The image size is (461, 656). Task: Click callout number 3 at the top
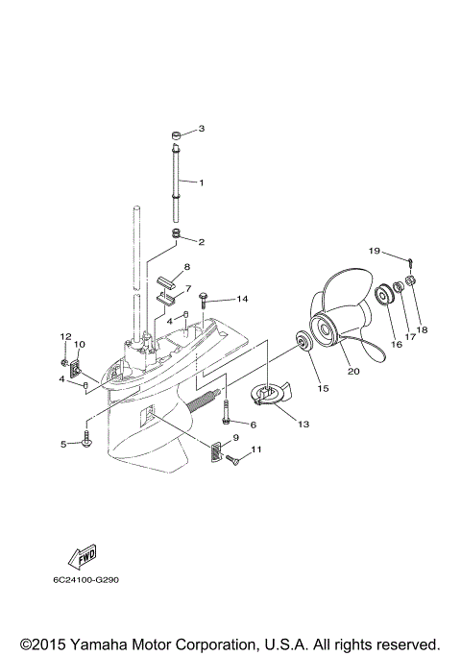pos(202,129)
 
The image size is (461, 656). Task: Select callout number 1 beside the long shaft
pos(202,182)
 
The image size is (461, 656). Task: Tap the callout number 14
pos(242,299)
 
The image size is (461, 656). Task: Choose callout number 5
pos(64,444)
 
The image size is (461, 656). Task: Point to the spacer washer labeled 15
pos(303,342)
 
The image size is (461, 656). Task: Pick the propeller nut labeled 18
pos(410,280)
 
